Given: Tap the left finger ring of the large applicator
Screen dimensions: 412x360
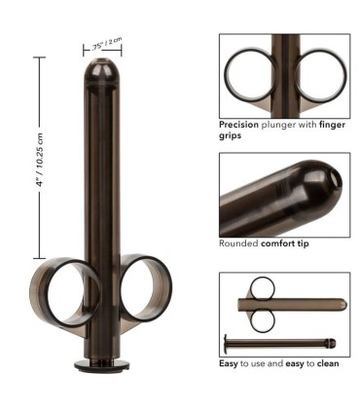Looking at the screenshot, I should pos(62,288).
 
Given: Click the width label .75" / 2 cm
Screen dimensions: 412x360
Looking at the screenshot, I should pos(107,43).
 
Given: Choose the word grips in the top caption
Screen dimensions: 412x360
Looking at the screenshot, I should pos(231,136).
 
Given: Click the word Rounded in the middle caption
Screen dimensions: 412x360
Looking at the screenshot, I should pos(237,243).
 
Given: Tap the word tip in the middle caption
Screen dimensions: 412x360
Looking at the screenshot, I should pos(303,243).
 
